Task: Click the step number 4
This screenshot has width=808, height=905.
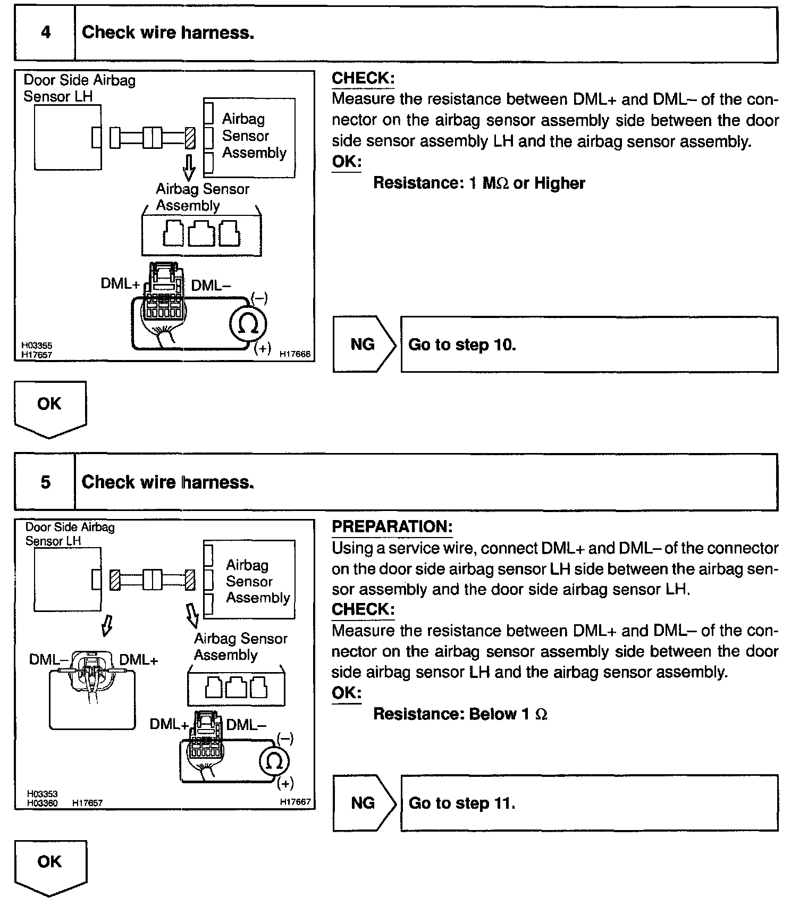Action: tap(46, 33)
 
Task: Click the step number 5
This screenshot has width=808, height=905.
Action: tap(46, 482)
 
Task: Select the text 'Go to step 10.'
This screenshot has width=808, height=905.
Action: tap(462, 345)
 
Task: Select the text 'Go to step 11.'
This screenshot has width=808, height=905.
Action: tap(462, 802)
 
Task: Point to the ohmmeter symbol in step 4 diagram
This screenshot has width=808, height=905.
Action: tap(248, 324)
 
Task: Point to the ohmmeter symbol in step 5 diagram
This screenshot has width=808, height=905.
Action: tap(274, 761)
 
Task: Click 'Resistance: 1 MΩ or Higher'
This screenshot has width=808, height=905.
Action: tap(479, 183)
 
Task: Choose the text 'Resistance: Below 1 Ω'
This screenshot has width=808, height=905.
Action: tap(460, 714)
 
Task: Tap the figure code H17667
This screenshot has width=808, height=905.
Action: tap(295, 802)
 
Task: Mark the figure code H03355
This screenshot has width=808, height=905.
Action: tap(37, 346)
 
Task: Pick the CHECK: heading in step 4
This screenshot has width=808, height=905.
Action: tap(363, 78)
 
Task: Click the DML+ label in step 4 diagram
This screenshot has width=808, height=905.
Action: tap(120, 284)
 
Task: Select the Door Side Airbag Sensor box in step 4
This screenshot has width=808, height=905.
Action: tap(68, 137)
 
